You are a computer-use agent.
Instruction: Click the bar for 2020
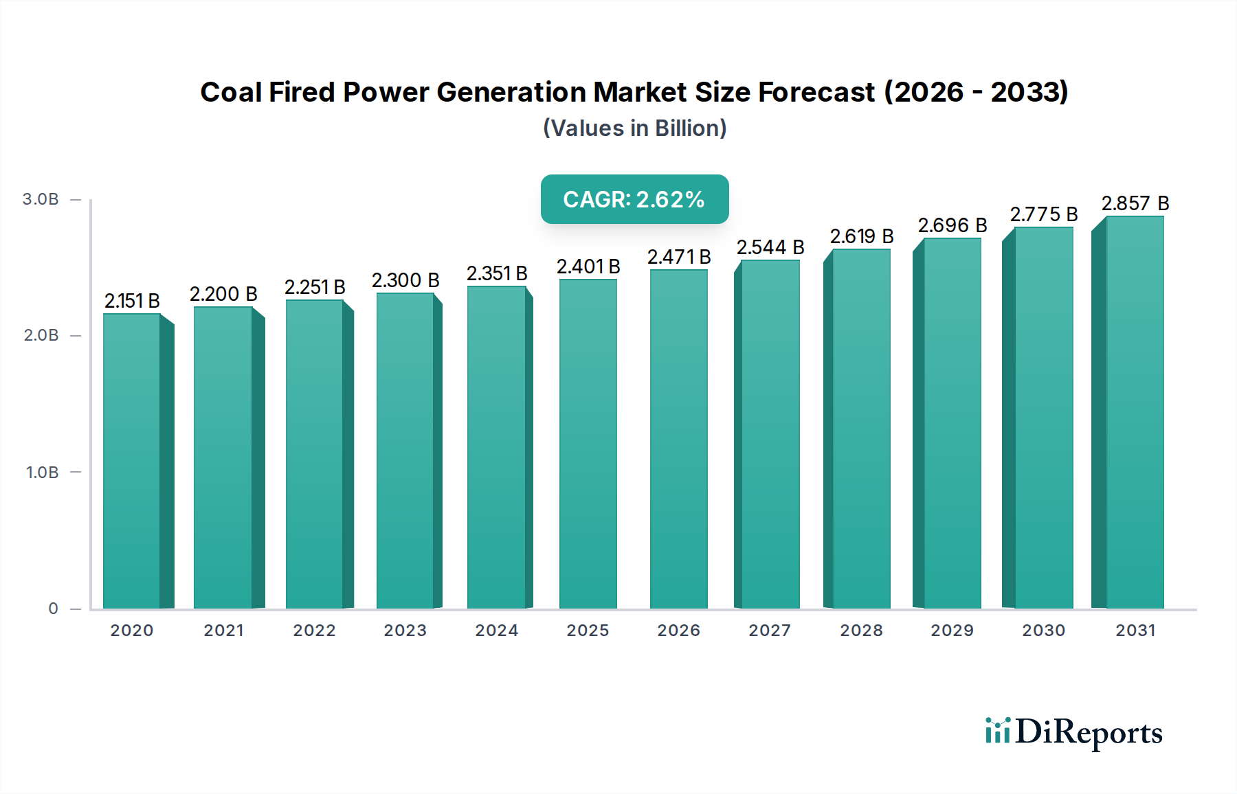coord(132,460)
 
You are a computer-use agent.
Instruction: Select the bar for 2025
coord(588,443)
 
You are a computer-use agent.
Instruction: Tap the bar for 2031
coord(1134,412)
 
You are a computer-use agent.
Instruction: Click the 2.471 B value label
coord(679,257)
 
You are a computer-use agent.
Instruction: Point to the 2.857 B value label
coord(1135,203)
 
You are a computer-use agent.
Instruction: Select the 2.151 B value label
coord(132,301)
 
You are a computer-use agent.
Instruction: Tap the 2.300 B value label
coord(405,280)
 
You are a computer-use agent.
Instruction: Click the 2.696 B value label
coord(952,225)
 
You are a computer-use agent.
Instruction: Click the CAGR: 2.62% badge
coord(634,199)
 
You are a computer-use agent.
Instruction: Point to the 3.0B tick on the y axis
coord(41,199)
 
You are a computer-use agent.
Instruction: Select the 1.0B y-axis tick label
coord(42,473)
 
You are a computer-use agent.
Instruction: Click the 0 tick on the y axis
coord(53,609)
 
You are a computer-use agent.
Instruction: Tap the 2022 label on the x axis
coord(315,631)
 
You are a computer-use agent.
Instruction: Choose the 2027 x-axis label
coord(770,631)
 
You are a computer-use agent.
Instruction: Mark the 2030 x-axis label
coord(1043,631)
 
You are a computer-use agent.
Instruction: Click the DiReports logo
coord(1073,732)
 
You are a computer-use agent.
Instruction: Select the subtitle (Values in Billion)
coord(634,128)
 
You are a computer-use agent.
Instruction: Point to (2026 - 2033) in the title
coord(976,92)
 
